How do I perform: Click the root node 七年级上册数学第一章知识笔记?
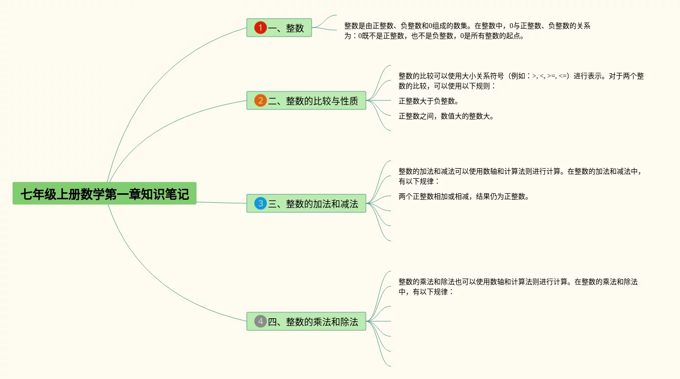coord(105,194)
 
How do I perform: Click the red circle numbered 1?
coord(260,28)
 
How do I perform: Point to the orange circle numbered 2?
coord(260,101)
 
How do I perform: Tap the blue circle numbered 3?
coord(260,204)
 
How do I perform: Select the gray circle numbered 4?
coord(260,322)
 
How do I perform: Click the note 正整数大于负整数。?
coord(428,101)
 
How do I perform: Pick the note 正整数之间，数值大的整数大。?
coord(446,116)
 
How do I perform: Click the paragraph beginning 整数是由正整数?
coord(467,31)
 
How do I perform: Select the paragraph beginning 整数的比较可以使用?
coord(521,81)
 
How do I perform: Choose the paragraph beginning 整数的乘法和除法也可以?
coord(518,286)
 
